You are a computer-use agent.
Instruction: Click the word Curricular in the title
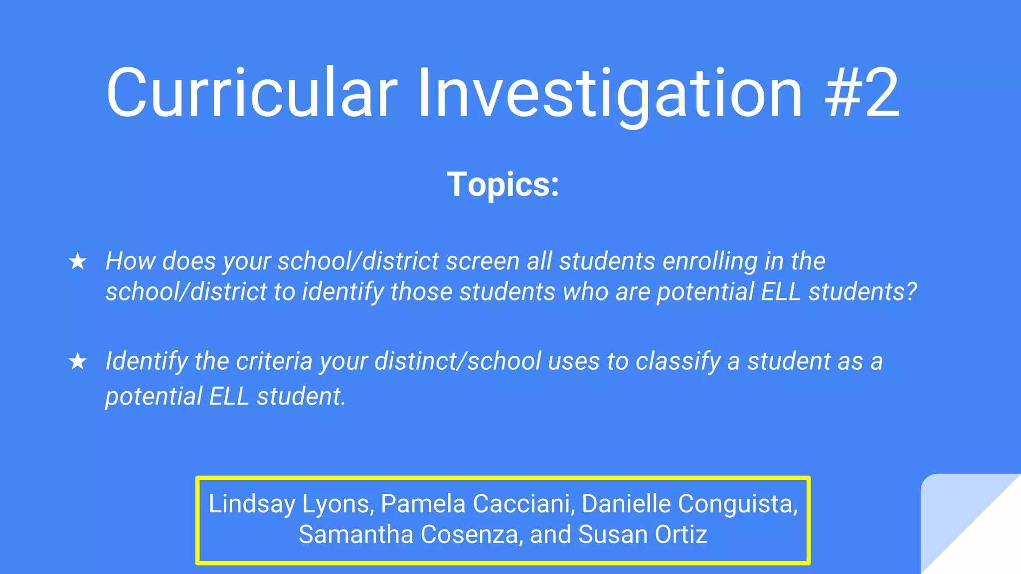click(252, 93)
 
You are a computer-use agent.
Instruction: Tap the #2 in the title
click(862, 93)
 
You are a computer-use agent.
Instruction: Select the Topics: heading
click(503, 184)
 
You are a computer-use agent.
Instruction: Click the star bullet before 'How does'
click(78, 261)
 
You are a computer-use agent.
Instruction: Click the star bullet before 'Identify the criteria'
click(78, 361)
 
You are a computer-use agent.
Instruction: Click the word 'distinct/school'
click(458, 361)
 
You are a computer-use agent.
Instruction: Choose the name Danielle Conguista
click(689, 503)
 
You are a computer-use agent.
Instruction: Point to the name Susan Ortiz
click(643, 534)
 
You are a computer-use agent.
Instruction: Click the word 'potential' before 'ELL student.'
click(154, 397)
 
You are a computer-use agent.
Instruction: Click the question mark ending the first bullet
click(911, 291)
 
